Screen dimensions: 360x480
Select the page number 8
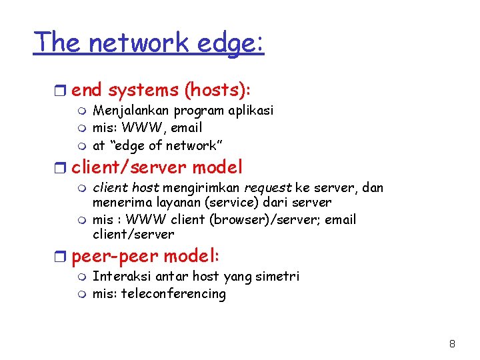452,344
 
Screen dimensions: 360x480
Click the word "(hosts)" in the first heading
214,90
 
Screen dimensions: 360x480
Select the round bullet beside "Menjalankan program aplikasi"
82,111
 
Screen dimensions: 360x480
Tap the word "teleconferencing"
173,294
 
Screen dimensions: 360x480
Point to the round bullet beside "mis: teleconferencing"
82,294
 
